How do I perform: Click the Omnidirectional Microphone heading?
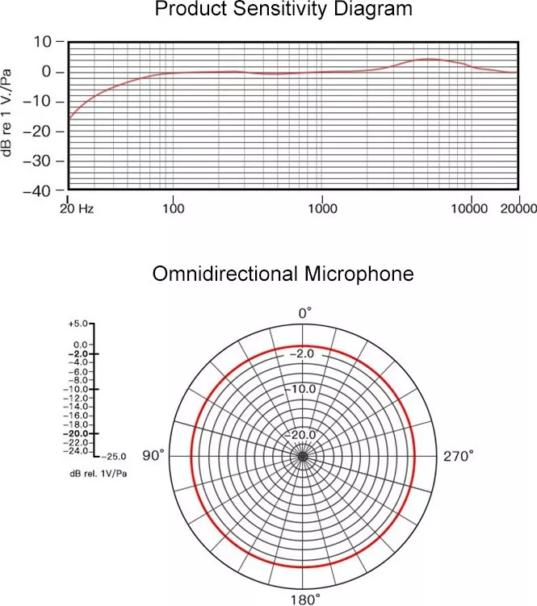(x=283, y=274)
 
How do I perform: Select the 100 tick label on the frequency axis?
(x=173, y=208)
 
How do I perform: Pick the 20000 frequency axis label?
(x=518, y=208)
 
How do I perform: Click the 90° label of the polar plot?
(x=153, y=457)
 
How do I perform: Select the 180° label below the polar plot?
(x=304, y=599)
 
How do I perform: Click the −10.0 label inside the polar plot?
(x=304, y=389)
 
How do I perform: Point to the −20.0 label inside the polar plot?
(x=304, y=435)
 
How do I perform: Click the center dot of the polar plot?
(x=304, y=457)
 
